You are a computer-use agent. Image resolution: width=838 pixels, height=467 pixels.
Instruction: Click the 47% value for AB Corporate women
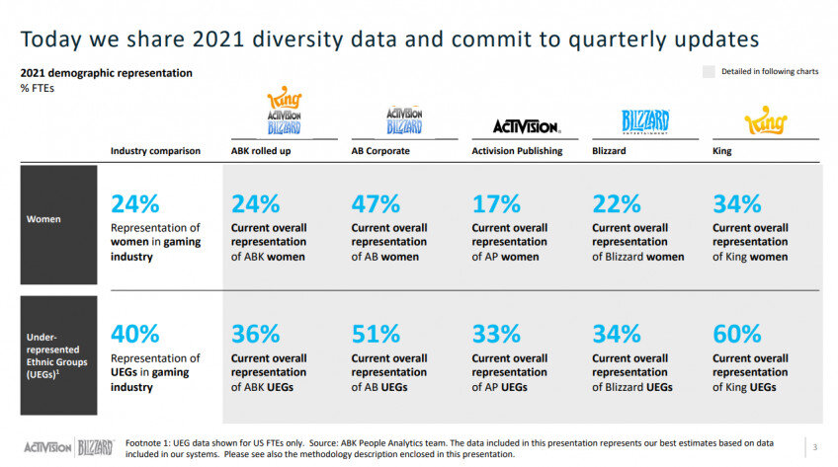(x=376, y=204)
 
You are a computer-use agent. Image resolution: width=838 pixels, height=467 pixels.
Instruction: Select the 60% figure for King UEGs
(x=737, y=333)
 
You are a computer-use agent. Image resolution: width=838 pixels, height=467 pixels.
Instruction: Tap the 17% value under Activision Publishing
(x=496, y=204)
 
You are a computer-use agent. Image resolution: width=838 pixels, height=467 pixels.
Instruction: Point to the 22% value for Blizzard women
(x=617, y=204)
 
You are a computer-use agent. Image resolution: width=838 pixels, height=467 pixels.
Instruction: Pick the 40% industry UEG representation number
(x=134, y=333)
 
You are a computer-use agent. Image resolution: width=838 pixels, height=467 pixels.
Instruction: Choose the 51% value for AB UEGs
(x=376, y=333)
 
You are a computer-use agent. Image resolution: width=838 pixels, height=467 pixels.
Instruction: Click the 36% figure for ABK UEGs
(x=255, y=333)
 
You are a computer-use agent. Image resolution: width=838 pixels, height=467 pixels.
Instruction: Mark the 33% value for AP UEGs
(x=496, y=333)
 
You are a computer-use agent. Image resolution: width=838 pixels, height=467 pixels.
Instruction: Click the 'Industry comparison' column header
(x=155, y=151)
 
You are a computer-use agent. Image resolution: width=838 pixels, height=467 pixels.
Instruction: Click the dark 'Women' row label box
(x=59, y=218)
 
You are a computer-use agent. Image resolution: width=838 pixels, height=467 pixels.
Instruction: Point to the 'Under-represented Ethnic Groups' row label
(x=59, y=355)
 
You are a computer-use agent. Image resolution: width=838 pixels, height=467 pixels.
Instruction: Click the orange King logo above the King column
(x=764, y=122)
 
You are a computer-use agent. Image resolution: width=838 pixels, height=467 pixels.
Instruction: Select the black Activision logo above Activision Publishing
(x=526, y=126)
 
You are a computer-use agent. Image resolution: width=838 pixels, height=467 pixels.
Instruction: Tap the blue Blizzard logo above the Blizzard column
(x=645, y=121)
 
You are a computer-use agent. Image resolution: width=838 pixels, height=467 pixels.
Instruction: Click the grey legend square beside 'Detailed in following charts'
(x=708, y=72)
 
